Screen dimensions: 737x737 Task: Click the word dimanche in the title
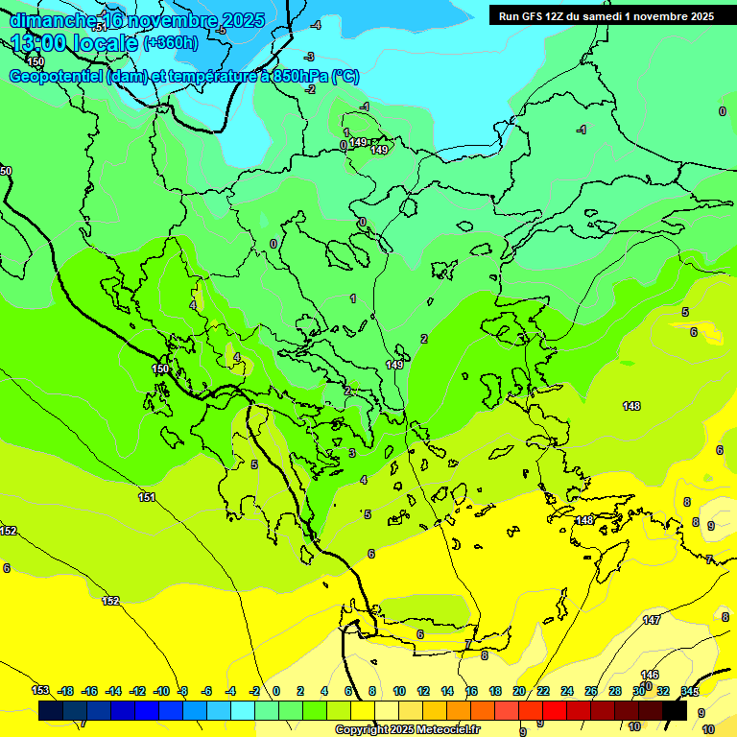pos(53,20)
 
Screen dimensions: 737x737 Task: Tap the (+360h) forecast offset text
pos(171,42)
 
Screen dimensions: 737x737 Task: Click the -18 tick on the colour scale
pos(66,691)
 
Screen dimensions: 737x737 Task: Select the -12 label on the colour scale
pos(138,691)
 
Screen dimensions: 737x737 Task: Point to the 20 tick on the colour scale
pos(519,691)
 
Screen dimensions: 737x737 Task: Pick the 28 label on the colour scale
pos(615,691)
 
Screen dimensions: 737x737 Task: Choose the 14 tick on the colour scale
pos(447,691)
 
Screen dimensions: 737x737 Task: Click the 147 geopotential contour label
pos(652,620)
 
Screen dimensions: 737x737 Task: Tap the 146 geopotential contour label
pos(650,676)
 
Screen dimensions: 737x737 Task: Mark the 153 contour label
pos(40,690)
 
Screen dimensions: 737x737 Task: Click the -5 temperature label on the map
pos(222,31)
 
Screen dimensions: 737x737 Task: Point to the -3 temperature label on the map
pos(309,58)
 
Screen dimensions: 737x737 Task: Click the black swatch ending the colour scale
pos(675,710)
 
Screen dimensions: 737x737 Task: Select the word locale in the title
pos(105,42)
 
